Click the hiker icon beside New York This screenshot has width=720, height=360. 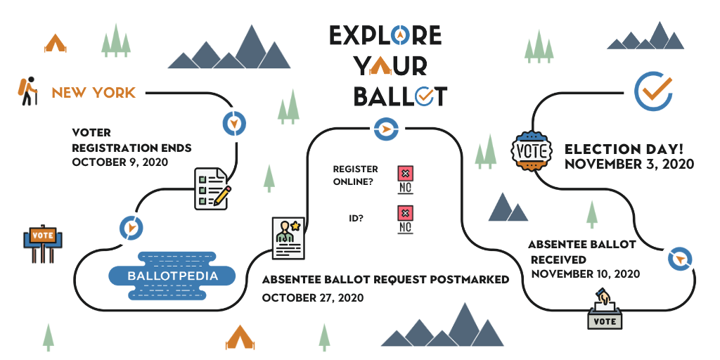27,91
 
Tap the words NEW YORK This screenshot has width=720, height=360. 94,93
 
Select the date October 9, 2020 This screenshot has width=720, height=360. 120,162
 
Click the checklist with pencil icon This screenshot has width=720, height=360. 212,188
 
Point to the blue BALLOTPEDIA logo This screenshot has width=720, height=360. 172,276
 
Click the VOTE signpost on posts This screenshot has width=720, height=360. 42,243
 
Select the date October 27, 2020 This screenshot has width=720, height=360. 313,297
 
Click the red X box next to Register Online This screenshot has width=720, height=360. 405,174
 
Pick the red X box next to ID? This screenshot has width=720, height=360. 405,213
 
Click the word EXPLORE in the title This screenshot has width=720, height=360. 385,35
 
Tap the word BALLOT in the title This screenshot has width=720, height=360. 400,96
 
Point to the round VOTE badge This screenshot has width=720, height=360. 532,150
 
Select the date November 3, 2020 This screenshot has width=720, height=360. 629,164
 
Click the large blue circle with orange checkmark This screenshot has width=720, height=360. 653,91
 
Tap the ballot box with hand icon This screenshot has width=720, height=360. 605,309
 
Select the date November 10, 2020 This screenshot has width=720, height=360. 586,274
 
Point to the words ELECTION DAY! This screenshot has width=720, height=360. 624,149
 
